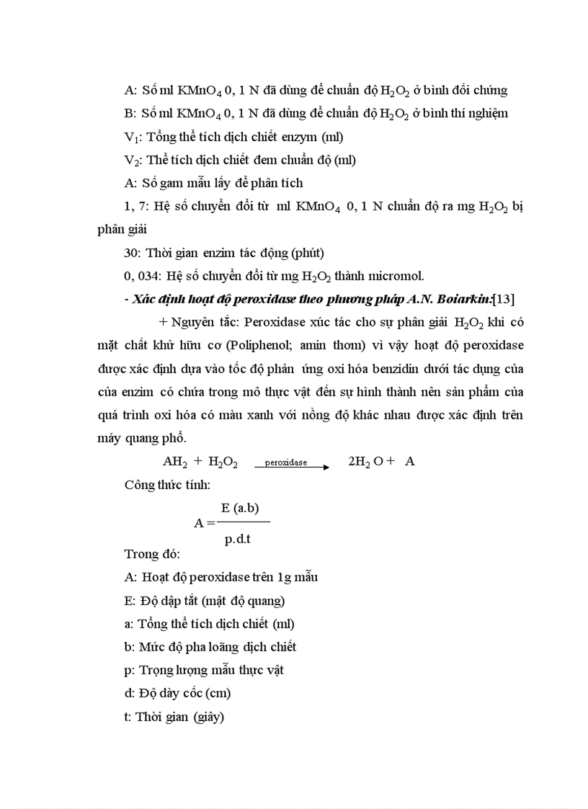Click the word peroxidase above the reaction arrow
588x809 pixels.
[x=285, y=462]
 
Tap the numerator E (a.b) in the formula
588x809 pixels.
[x=240, y=508]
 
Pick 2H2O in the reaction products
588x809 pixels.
[x=366, y=462]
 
